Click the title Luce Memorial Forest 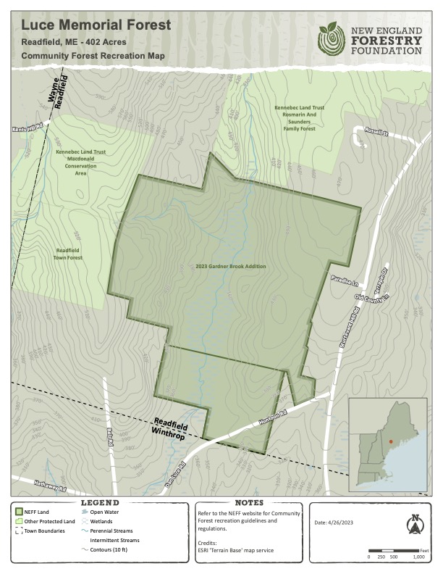click(96, 25)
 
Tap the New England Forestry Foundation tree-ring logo click(332, 37)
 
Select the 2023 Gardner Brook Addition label click(230, 267)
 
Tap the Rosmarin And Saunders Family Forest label click(298, 118)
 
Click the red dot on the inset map click(390, 441)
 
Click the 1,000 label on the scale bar click(418, 557)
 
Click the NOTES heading click(248, 502)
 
